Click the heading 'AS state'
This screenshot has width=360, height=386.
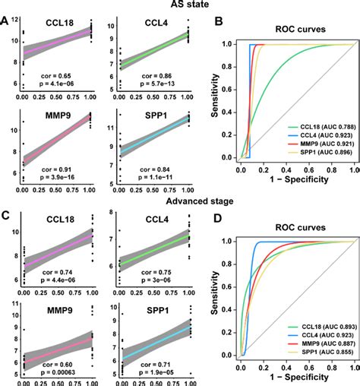pyautogui.click(x=180, y=6)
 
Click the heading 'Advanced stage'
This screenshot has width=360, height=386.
pyautogui.click(x=180, y=200)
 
